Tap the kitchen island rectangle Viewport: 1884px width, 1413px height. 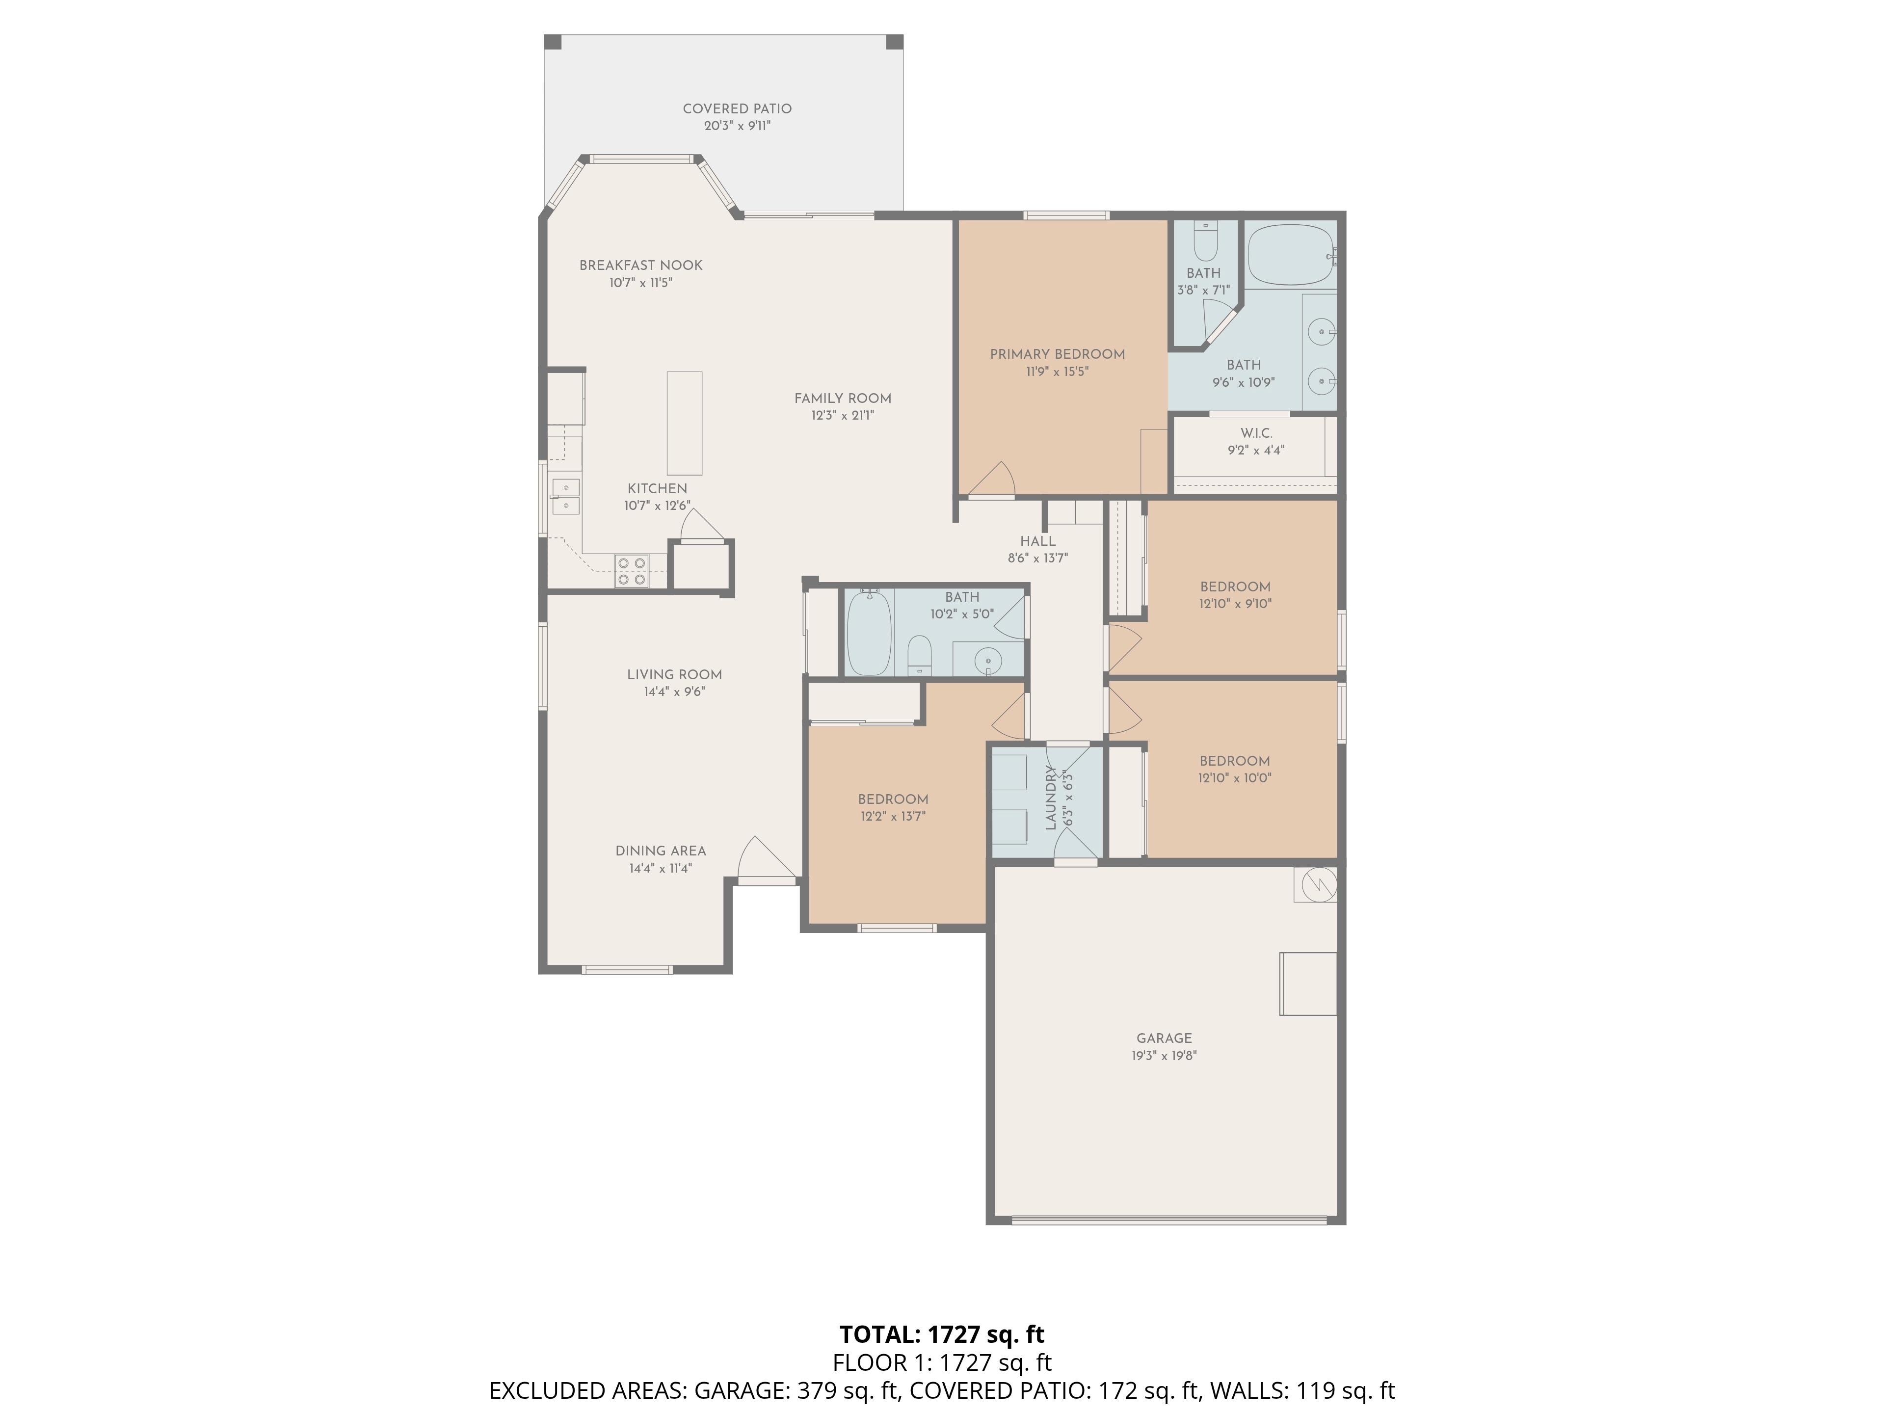684,423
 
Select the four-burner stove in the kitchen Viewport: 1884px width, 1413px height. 631,571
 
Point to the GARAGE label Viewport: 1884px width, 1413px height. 1164,1038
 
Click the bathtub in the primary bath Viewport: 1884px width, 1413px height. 1290,253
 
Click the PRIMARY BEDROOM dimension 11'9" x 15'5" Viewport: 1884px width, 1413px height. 1057,372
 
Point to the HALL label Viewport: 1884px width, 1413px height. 1037,541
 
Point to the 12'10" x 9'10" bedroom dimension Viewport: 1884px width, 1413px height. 1235,604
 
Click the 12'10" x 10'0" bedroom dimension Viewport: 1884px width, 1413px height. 1234,777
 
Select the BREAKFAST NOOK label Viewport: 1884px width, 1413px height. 640,265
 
